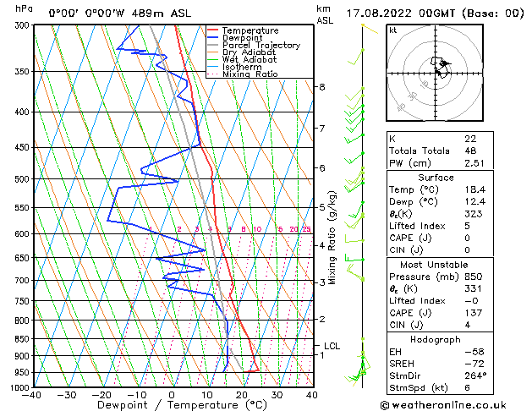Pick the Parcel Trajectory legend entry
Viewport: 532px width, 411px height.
point(260,46)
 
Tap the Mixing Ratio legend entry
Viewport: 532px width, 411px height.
point(250,74)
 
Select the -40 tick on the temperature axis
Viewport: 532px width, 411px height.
point(32,395)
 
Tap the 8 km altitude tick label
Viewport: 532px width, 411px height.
point(322,87)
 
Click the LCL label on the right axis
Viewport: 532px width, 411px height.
point(332,346)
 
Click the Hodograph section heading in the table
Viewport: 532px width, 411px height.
point(435,339)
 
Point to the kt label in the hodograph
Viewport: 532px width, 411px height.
point(393,30)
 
